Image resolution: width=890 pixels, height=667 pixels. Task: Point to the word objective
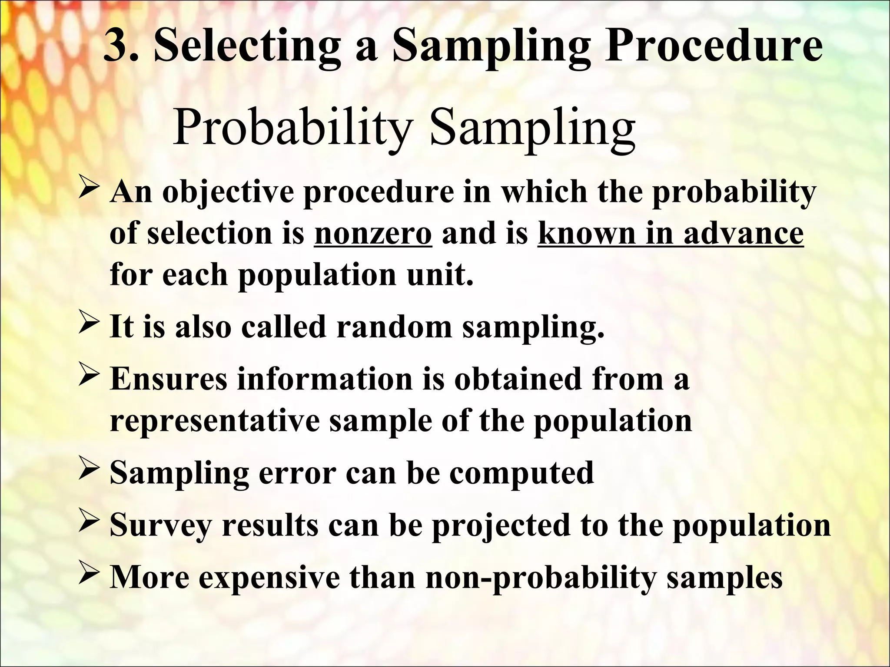point(228,192)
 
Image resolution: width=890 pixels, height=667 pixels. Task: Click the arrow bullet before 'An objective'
point(90,191)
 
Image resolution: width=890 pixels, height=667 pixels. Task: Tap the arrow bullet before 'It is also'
point(90,326)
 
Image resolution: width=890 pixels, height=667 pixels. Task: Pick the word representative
point(215,421)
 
